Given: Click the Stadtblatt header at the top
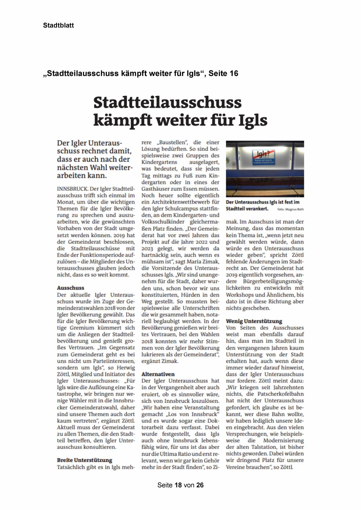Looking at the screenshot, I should (58, 25).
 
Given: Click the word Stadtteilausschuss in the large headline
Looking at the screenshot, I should (167, 103).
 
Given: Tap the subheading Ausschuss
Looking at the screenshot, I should (70, 288).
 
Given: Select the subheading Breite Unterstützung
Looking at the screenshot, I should (84, 460).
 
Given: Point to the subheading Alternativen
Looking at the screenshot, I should (158, 374).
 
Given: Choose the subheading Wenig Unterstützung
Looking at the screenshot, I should (254, 321).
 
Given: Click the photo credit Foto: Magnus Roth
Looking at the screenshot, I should (290, 209).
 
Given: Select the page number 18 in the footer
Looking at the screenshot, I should (178, 485).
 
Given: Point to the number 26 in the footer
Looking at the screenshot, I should (200, 485).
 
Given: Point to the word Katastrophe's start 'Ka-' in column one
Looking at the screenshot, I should (131, 388).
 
